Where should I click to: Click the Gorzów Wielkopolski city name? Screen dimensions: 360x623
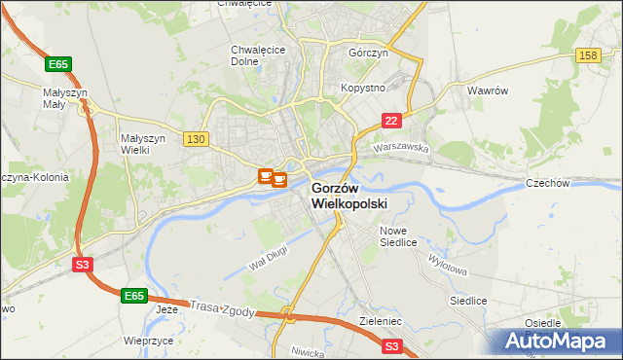pyautogui.click(x=349, y=196)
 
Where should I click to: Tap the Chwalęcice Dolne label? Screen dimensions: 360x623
pyautogui.click(x=258, y=54)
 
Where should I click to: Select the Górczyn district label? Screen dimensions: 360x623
pyautogui.click(x=369, y=54)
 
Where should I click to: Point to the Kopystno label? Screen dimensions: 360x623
pyautogui.click(x=363, y=88)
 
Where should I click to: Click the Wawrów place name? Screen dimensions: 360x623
pyautogui.click(x=488, y=90)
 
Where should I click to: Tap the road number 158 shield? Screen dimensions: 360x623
pyautogui.click(x=587, y=56)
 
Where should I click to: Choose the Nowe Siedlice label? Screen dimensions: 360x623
pyautogui.click(x=397, y=236)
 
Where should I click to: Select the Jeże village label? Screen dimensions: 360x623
pyautogui.click(x=167, y=309)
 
